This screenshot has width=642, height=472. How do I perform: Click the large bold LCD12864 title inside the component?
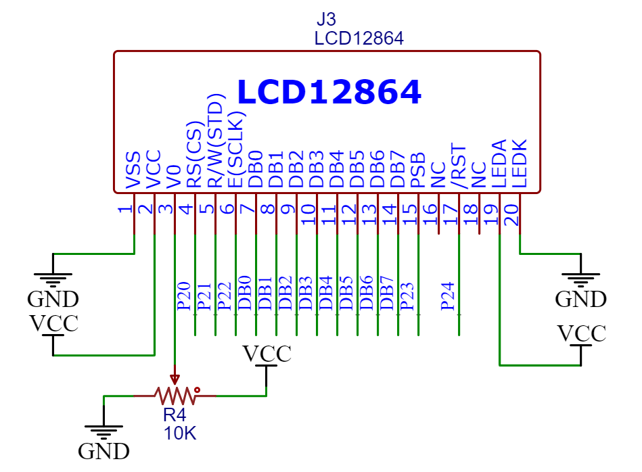pos(329,93)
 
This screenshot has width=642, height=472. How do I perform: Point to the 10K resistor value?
pos(179,433)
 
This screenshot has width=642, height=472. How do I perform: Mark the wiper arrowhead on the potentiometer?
pos(175,379)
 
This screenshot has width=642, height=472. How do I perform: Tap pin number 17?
pos(449,214)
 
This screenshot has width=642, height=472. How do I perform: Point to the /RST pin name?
pos(459,166)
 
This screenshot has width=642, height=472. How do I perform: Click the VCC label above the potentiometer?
pos(267,354)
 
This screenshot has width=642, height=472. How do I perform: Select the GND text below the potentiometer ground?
pos(104,450)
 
